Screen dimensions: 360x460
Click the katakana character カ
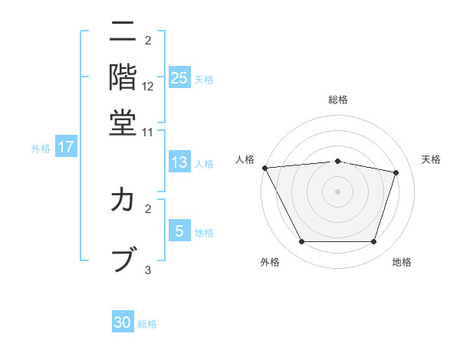[123, 201]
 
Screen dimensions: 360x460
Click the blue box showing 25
[179, 78]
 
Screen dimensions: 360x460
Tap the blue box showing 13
[179, 162]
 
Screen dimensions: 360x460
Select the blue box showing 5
[179, 231]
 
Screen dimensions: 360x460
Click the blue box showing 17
[66, 148]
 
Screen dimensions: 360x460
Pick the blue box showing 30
[123, 322]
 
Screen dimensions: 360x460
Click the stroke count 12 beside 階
[148, 87]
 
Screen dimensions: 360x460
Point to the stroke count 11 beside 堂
[148, 133]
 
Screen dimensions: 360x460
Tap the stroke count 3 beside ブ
[148, 270]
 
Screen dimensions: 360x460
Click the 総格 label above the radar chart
[338, 100]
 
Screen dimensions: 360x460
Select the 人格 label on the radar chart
[245, 159]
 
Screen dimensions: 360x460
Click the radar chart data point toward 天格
[396, 172]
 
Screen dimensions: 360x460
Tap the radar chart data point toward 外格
[301, 242]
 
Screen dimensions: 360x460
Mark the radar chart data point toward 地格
[374, 242]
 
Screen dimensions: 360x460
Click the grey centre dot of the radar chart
[338, 191]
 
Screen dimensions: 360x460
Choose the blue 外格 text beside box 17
[41, 149]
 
